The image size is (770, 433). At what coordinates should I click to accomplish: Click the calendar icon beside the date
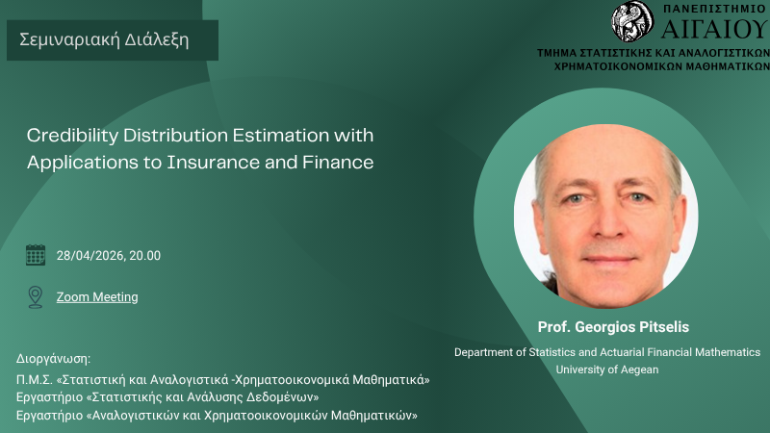click(x=36, y=255)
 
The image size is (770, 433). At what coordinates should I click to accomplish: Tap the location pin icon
click(x=36, y=297)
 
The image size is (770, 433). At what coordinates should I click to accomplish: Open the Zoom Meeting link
click(x=97, y=297)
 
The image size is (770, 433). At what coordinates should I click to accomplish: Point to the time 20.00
click(x=145, y=255)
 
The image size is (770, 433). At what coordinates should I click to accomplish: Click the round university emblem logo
click(x=632, y=21)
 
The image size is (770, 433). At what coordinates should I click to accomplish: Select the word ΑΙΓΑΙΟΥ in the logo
click(x=715, y=29)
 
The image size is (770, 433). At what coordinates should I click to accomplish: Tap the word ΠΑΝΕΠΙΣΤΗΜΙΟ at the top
click(x=714, y=9)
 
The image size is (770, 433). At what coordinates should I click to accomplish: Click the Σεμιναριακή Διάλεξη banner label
click(x=104, y=39)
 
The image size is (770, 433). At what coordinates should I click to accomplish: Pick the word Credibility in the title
click(x=72, y=136)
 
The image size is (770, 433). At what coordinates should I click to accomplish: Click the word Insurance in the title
click(x=213, y=162)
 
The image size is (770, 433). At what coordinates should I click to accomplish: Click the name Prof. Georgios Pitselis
click(x=613, y=327)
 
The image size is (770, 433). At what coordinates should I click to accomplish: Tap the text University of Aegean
click(x=607, y=369)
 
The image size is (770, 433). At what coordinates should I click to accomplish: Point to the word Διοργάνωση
click(x=53, y=359)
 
